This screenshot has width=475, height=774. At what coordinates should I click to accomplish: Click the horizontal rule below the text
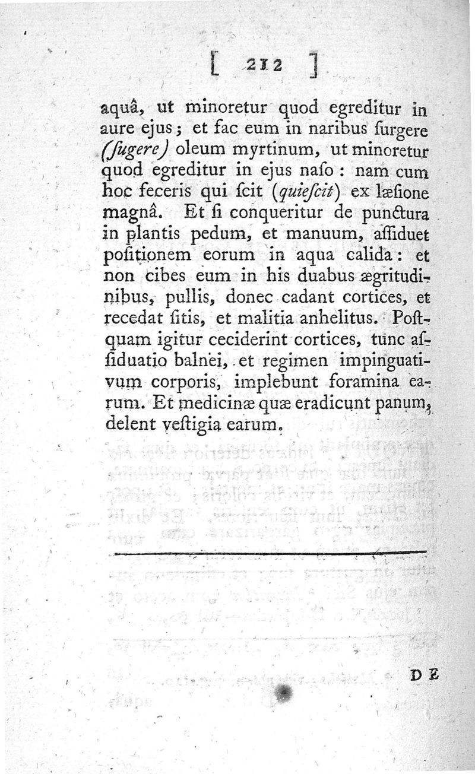[270, 554]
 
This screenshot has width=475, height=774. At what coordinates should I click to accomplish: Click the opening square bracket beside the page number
[215, 63]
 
